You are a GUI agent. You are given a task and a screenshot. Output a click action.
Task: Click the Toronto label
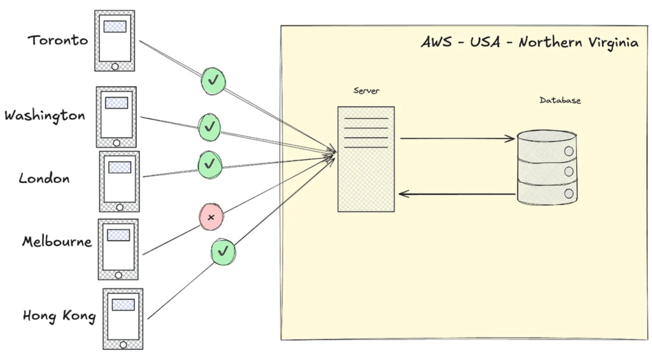pos(58,40)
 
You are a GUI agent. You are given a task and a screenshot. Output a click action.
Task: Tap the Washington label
pos(45,116)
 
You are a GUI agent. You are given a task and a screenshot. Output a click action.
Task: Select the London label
pos(44,178)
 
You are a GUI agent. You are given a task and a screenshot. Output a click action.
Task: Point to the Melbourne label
pos(57,242)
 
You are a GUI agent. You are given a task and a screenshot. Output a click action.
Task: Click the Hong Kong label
pos(59,315)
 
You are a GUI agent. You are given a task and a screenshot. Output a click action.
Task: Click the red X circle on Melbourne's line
pos(211,217)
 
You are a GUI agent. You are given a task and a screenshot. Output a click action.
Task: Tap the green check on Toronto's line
pos(214,80)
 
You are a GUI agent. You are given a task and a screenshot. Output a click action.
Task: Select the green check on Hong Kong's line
pos(223,252)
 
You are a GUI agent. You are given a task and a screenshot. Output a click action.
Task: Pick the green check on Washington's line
pos(209,127)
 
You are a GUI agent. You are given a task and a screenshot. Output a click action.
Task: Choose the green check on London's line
pos(209,164)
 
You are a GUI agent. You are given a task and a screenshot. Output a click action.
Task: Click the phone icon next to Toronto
pos(115,41)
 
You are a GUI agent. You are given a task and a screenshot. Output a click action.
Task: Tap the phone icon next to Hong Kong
pos(123,319)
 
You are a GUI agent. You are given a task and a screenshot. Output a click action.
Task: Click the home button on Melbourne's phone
pos(118,275)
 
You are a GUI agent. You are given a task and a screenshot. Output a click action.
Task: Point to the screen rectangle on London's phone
pos(120,167)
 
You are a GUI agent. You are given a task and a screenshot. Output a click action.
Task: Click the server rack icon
pos(365,159)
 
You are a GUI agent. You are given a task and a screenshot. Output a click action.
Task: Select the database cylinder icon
pos(547,168)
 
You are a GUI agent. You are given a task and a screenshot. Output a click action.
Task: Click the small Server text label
pos(366,90)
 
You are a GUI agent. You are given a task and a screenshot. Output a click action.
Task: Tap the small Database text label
pos(560,100)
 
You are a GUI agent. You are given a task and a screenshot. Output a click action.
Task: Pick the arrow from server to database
pos(457,138)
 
